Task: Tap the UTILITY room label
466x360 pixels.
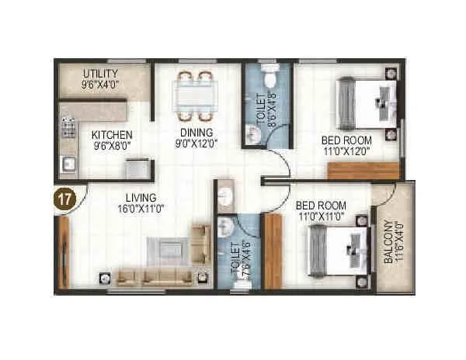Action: pyautogui.click(x=101, y=74)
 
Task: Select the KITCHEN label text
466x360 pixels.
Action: pyautogui.click(x=112, y=133)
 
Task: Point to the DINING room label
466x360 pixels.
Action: pyautogui.click(x=186, y=133)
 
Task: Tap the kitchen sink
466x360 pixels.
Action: pyautogui.click(x=68, y=164)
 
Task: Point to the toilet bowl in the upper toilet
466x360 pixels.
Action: pyautogui.click(x=269, y=78)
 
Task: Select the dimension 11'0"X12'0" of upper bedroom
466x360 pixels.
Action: pyautogui.click(x=346, y=152)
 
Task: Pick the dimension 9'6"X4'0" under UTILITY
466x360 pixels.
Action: pyautogui.click(x=101, y=86)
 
